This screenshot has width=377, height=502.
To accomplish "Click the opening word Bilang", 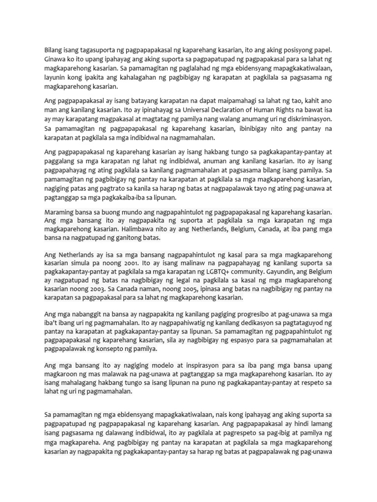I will (54, 50).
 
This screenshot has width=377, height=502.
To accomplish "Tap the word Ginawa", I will (55, 59).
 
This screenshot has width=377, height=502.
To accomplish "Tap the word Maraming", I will (60, 212).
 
